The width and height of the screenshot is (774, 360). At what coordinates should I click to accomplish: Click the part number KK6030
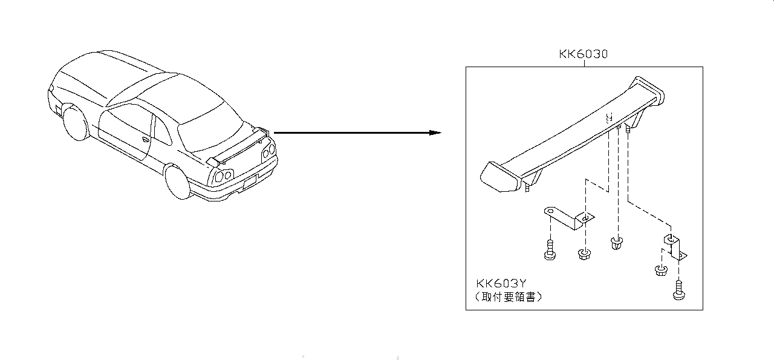583,54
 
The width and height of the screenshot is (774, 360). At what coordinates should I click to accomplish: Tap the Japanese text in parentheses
509,297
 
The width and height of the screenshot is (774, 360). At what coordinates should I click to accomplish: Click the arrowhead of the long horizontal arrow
435,133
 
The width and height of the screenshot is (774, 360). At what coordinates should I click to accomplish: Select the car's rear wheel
178,182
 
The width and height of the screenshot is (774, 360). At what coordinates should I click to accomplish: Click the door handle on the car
145,140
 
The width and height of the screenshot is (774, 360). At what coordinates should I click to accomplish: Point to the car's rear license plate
250,180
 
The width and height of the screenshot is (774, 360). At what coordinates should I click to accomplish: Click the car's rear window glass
209,128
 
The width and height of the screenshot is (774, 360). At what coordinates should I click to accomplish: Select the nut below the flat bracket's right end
584,254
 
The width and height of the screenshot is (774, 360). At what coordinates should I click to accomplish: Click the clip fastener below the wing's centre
617,245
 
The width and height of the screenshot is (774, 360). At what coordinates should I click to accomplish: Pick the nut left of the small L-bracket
660,270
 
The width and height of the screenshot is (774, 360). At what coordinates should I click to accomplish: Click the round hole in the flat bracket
550,211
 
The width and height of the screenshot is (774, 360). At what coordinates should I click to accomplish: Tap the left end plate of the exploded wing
499,178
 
